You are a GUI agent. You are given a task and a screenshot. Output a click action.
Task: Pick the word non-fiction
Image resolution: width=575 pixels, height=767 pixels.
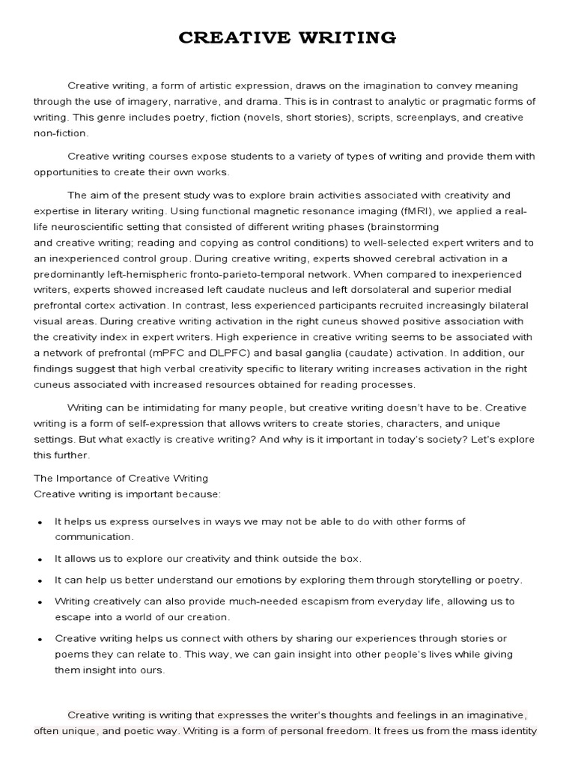[61, 133]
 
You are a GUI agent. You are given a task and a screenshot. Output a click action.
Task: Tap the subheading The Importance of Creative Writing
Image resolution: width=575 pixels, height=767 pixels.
[121, 478]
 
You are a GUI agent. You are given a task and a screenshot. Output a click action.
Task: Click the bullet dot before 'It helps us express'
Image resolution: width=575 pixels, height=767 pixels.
[39, 522]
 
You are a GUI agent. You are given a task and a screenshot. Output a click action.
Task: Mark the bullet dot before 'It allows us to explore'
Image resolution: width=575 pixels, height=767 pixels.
[39, 560]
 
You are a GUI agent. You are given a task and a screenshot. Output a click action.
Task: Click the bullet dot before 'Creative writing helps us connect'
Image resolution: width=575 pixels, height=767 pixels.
[39, 639]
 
